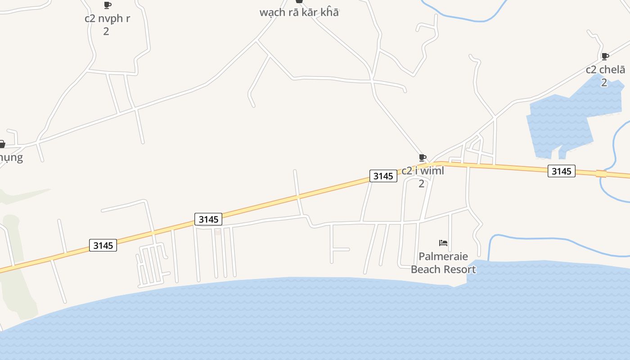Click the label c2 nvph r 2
click(x=107, y=24)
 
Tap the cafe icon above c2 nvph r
click(x=107, y=5)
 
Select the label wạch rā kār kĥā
click(x=299, y=13)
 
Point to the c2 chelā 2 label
click(x=605, y=76)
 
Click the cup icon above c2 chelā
click(x=605, y=56)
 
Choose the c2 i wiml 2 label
click(x=422, y=176)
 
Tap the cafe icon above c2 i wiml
click(x=422, y=157)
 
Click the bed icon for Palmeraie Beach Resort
click(x=443, y=243)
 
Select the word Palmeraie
click(x=443, y=256)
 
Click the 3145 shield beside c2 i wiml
click(x=383, y=176)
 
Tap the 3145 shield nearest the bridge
click(x=561, y=171)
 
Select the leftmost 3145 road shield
click(x=103, y=245)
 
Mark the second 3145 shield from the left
click(x=209, y=219)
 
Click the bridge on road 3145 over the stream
click(x=601, y=174)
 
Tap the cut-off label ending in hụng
click(x=11, y=157)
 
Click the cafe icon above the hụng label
click(x=2, y=144)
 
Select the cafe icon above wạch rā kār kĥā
click(x=299, y=1)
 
